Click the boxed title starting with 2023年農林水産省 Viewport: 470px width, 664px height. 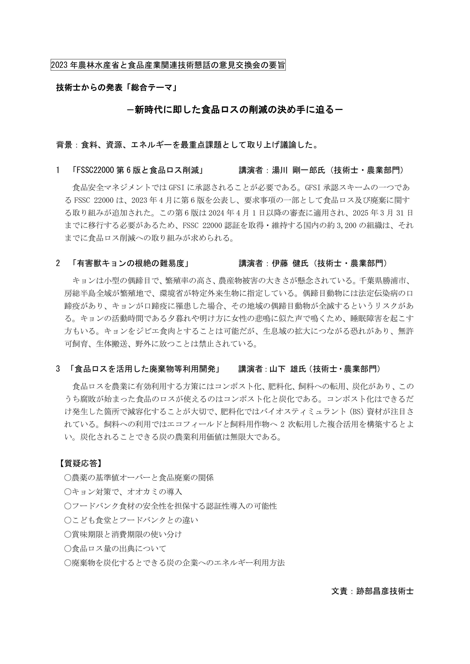(168, 65)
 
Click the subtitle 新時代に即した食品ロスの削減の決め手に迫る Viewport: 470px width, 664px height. (235, 110)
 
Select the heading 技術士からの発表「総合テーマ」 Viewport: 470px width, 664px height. (116, 88)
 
